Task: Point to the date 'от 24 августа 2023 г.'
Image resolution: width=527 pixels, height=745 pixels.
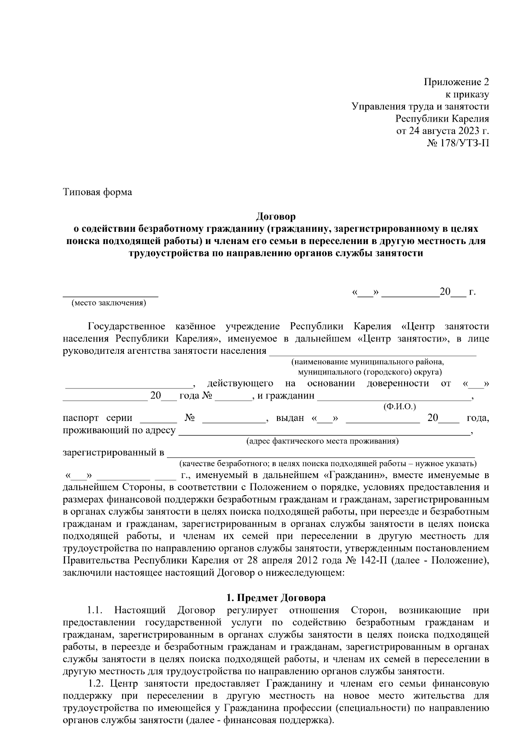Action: click(x=443, y=131)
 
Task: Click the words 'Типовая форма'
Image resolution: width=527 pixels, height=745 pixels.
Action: click(x=97, y=192)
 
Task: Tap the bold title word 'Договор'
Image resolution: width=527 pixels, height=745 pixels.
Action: click(x=276, y=216)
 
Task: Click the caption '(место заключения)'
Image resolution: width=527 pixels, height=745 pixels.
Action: click(x=109, y=303)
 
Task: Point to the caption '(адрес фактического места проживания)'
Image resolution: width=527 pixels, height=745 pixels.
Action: click(x=322, y=441)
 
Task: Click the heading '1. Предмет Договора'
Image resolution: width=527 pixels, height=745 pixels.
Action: click(x=276, y=598)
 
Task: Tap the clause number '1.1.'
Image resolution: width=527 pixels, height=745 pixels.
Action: click(x=95, y=610)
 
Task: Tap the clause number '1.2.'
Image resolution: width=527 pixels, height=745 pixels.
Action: click(x=95, y=684)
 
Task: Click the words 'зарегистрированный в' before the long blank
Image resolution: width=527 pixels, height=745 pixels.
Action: click(x=113, y=453)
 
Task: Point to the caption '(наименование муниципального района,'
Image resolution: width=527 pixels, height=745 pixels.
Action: click(x=368, y=362)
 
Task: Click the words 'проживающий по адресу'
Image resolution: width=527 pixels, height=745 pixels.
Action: click(x=119, y=430)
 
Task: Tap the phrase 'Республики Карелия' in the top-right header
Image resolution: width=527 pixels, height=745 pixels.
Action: click(x=442, y=119)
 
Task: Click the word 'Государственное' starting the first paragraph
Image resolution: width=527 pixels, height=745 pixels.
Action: click(x=126, y=327)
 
